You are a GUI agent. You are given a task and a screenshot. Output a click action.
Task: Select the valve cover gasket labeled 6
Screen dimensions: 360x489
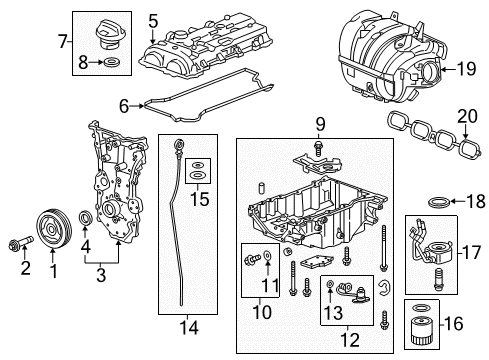pyautogui.click(x=200, y=94)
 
